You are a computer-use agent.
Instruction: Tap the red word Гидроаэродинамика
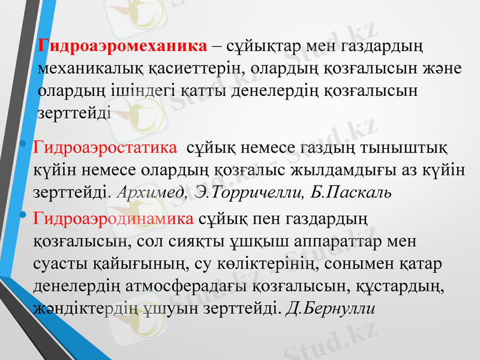pos(114,217)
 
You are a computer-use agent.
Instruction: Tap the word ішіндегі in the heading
pos(137,91)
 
